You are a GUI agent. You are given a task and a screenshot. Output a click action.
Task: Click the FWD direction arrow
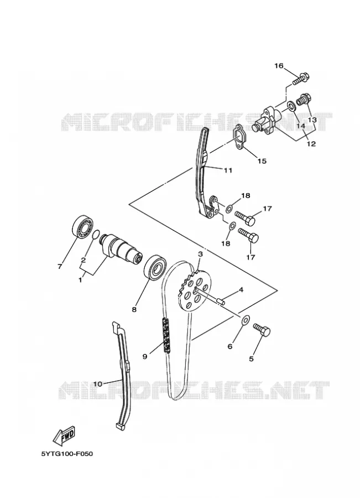pyautogui.click(x=65, y=434)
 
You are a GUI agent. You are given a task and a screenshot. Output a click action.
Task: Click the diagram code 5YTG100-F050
pyautogui.click(x=67, y=454)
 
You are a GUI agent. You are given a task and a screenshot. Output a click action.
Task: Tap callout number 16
pyautogui.click(x=278, y=66)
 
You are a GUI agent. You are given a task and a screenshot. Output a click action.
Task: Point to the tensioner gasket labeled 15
pyautogui.click(x=241, y=137)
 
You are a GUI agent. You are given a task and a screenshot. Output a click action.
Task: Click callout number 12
pyautogui.click(x=311, y=143)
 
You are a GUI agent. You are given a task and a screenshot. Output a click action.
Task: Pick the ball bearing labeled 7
pyautogui.click(x=81, y=226)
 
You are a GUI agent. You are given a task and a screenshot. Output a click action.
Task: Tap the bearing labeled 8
pyautogui.click(x=155, y=267)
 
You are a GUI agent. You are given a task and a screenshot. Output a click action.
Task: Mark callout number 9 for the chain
pyautogui.click(x=145, y=356)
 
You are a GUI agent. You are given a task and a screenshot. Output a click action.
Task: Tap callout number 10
pyautogui.click(x=97, y=383)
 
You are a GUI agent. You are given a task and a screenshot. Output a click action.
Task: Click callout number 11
pyautogui.click(x=228, y=170)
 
